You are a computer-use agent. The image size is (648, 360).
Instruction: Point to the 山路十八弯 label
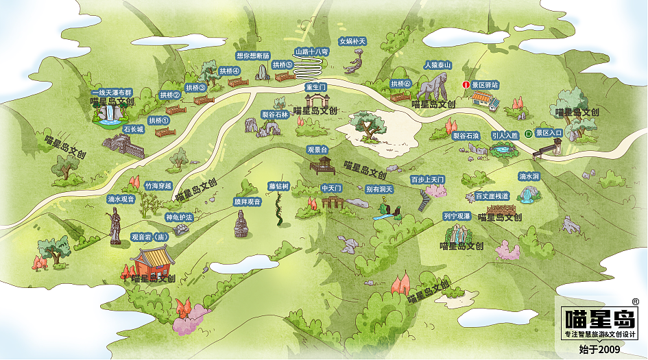click(312, 51)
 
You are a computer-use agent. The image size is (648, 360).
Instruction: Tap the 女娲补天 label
click(352, 41)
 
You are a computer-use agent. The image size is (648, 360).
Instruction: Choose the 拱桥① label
click(158, 121)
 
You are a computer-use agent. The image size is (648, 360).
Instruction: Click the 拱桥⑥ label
click(400, 84)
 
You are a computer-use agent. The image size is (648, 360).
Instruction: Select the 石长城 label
click(134, 129)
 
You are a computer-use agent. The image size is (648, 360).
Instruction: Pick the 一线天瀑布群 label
click(111, 92)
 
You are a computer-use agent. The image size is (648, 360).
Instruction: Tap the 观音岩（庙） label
click(149, 237)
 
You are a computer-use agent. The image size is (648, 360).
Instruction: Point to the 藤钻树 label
click(279, 186)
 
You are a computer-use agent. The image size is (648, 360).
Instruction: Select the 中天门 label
click(331, 187)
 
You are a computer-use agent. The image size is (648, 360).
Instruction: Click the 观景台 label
click(317, 149)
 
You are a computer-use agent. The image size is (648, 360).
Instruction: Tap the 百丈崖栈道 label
click(492, 196)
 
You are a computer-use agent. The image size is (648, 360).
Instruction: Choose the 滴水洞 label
click(529, 176)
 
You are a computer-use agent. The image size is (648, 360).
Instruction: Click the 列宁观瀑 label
click(457, 216)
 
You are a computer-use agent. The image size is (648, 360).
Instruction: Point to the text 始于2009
click(599, 350)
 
